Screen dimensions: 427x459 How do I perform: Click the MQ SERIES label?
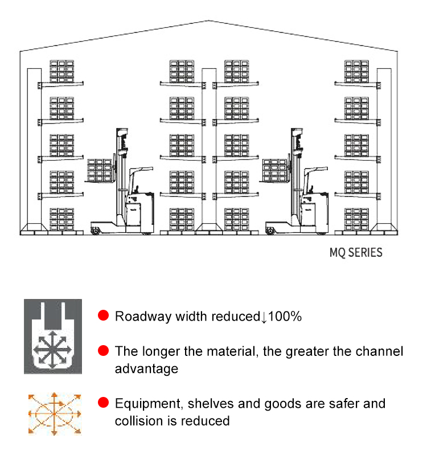click(x=356, y=252)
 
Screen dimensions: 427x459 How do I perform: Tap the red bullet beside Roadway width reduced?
click(x=103, y=315)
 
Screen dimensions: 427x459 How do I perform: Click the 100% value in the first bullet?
click(x=285, y=317)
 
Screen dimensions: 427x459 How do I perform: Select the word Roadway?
click(x=143, y=317)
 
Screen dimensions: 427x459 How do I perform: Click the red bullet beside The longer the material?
click(x=103, y=350)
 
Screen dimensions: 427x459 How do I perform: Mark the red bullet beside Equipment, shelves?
click(x=103, y=403)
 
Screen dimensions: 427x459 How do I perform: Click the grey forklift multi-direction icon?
click(x=53, y=337)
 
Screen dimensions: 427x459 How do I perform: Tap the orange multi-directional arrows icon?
click(x=55, y=414)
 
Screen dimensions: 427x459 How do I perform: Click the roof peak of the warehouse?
click(x=209, y=21)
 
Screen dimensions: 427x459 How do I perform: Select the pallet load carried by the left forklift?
click(x=100, y=171)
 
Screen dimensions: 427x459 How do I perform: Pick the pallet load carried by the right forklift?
click(x=274, y=171)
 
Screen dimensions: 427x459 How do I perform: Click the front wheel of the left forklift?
click(x=96, y=231)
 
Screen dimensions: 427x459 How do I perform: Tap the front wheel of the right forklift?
click(x=270, y=231)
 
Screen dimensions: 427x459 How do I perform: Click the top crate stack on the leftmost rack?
click(x=61, y=71)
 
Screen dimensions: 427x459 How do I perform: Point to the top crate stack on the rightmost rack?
click(x=356, y=71)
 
